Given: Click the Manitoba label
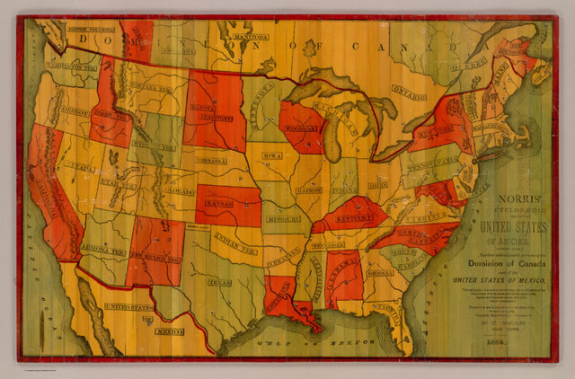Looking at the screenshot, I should [x=233, y=39].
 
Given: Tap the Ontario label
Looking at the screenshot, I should [x=409, y=93].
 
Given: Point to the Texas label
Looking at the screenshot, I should [x=219, y=281].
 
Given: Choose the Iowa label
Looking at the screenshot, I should [x=272, y=155].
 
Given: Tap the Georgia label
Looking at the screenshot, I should [x=381, y=272].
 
